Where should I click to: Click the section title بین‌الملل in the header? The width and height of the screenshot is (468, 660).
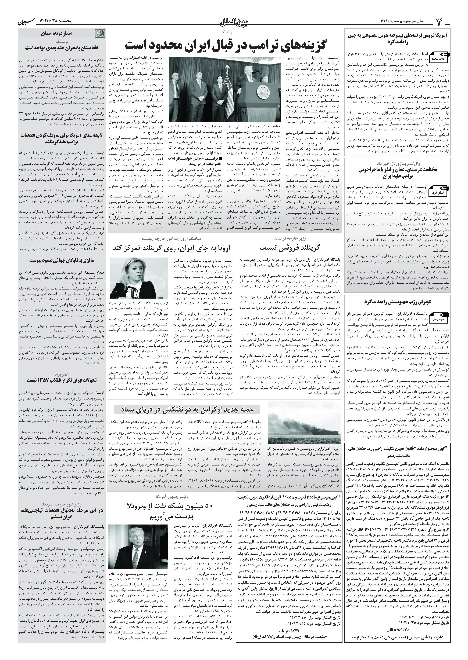[234, 22]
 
